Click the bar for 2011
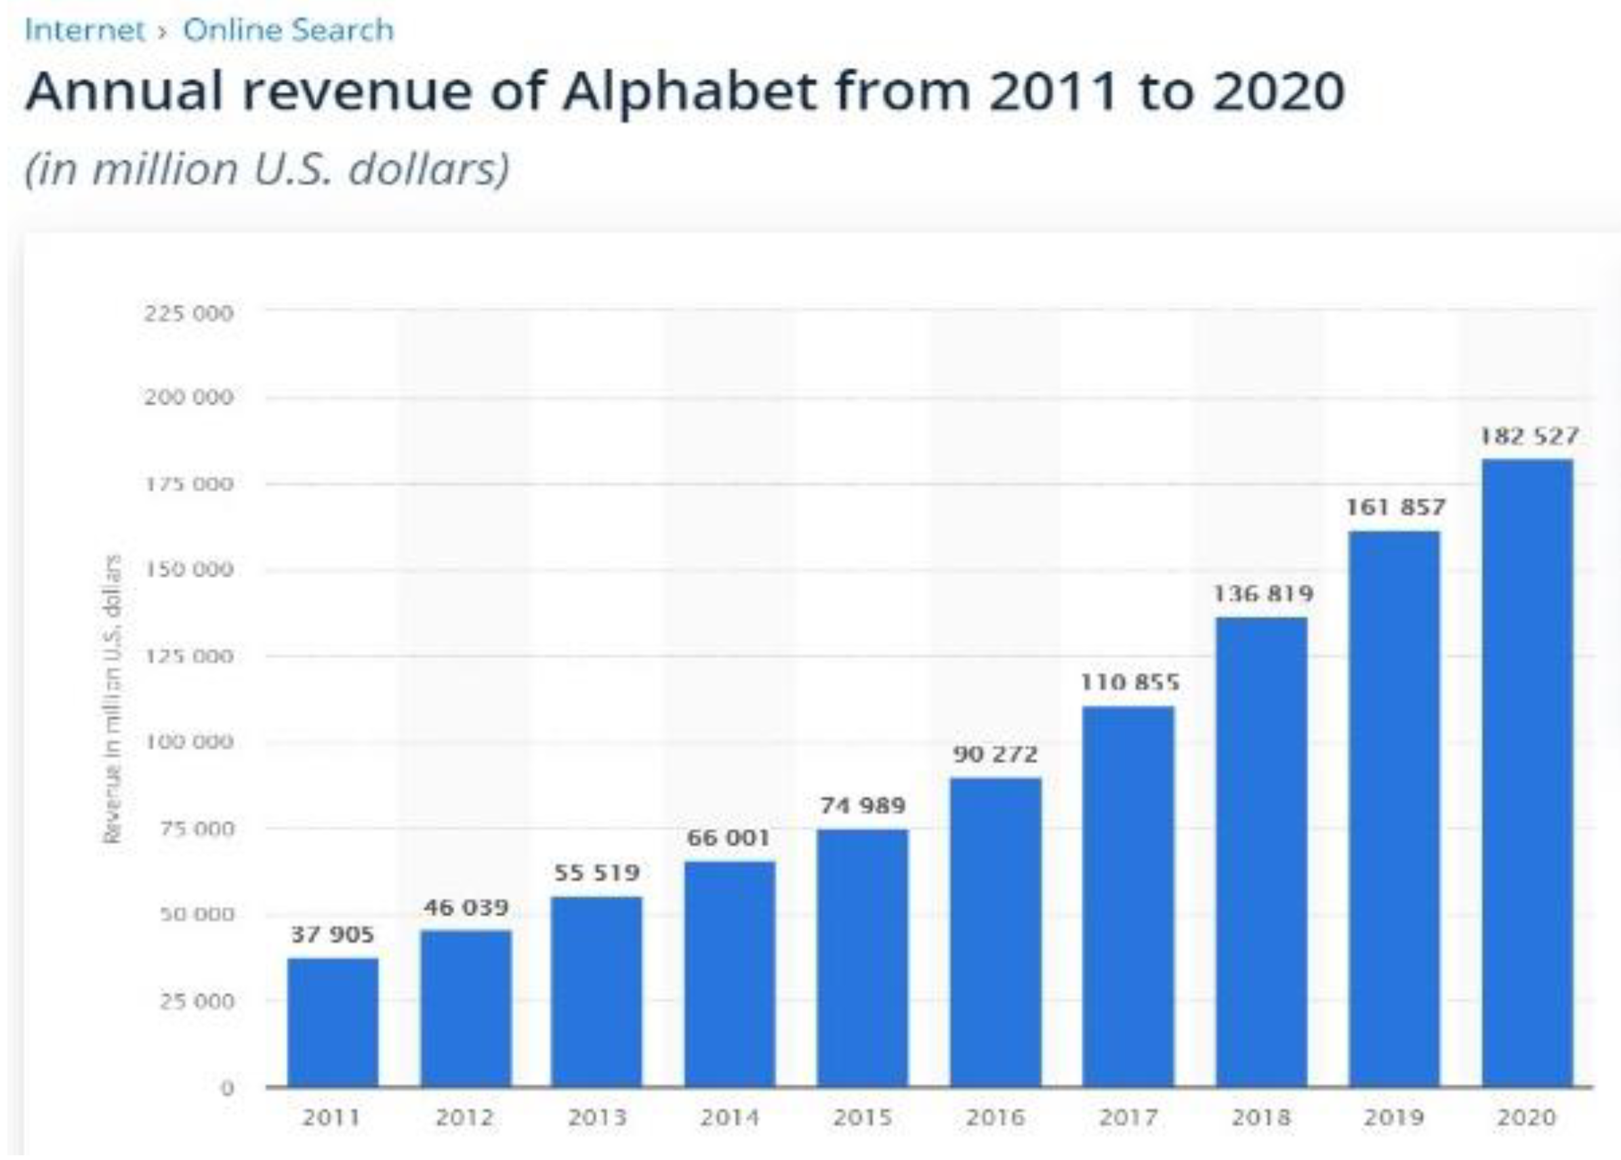click(333, 1022)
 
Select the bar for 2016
click(996, 932)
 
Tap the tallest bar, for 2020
click(1527, 773)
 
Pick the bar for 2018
click(1262, 852)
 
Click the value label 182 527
click(1528, 436)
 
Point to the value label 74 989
click(863, 806)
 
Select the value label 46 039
click(466, 907)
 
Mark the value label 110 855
click(1130, 682)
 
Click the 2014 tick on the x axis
click(729, 1117)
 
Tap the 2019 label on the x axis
click(1394, 1117)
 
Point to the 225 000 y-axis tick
click(188, 313)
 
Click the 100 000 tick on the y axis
click(188, 742)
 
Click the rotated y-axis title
click(112, 699)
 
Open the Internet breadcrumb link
click(85, 30)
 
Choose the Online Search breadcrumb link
click(288, 30)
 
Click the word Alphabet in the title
click(689, 92)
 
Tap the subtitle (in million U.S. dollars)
click(267, 169)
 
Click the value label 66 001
click(729, 838)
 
